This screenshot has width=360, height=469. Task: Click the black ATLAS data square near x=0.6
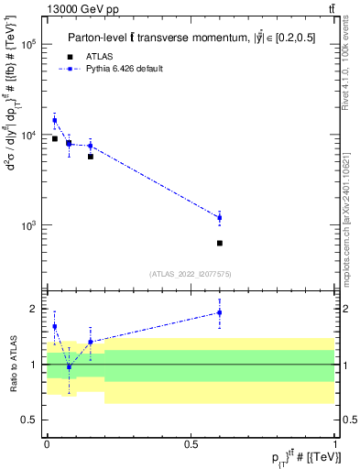[220, 243]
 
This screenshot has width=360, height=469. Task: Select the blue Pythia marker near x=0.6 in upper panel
[220, 217]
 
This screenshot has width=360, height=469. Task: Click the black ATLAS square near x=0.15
[90, 157]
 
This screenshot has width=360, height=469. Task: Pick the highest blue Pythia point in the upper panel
[55, 120]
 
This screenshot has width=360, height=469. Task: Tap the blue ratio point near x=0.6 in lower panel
[220, 312]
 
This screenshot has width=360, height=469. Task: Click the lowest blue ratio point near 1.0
[69, 366]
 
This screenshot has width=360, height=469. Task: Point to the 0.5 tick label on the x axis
[191, 443]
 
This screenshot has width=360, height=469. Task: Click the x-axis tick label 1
[335, 443]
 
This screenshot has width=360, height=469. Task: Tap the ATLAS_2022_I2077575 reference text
[190, 273]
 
